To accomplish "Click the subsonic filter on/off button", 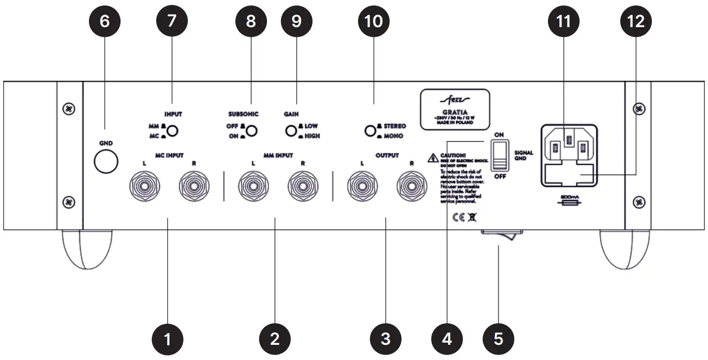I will tap(251, 131).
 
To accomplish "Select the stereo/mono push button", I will tap(370, 131).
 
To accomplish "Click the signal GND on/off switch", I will tap(497, 156).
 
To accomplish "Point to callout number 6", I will tap(105, 21).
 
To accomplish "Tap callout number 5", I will tap(498, 339).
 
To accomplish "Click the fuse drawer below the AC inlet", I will tap(569, 175).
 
